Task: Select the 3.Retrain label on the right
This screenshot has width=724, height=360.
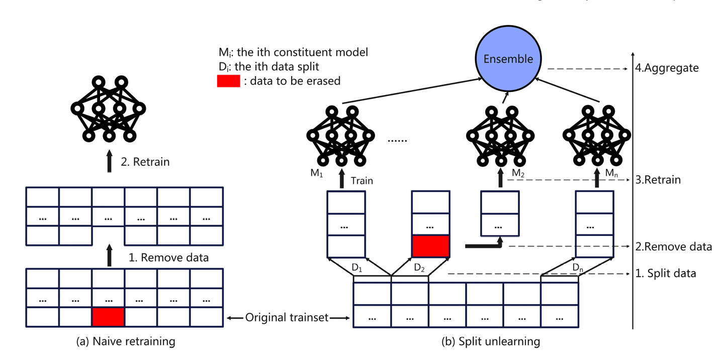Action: (658, 180)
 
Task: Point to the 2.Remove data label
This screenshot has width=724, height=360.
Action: (673, 247)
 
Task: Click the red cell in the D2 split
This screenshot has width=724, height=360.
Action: (430, 246)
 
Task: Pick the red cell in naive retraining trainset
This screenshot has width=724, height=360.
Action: (108, 317)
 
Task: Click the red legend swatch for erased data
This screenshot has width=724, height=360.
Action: (228, 80)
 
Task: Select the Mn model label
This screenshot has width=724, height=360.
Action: (611, 173)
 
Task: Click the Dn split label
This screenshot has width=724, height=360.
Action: (579, 267)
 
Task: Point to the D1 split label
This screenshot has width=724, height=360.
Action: (357, 267)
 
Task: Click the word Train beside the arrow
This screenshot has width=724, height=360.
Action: (361, 181)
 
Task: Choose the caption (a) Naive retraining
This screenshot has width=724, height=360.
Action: (125, 342)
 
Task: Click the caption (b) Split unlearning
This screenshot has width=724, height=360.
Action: (490, 342)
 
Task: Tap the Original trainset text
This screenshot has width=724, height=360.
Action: (287, 318)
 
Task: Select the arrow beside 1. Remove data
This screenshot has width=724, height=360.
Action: (109, 257)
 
